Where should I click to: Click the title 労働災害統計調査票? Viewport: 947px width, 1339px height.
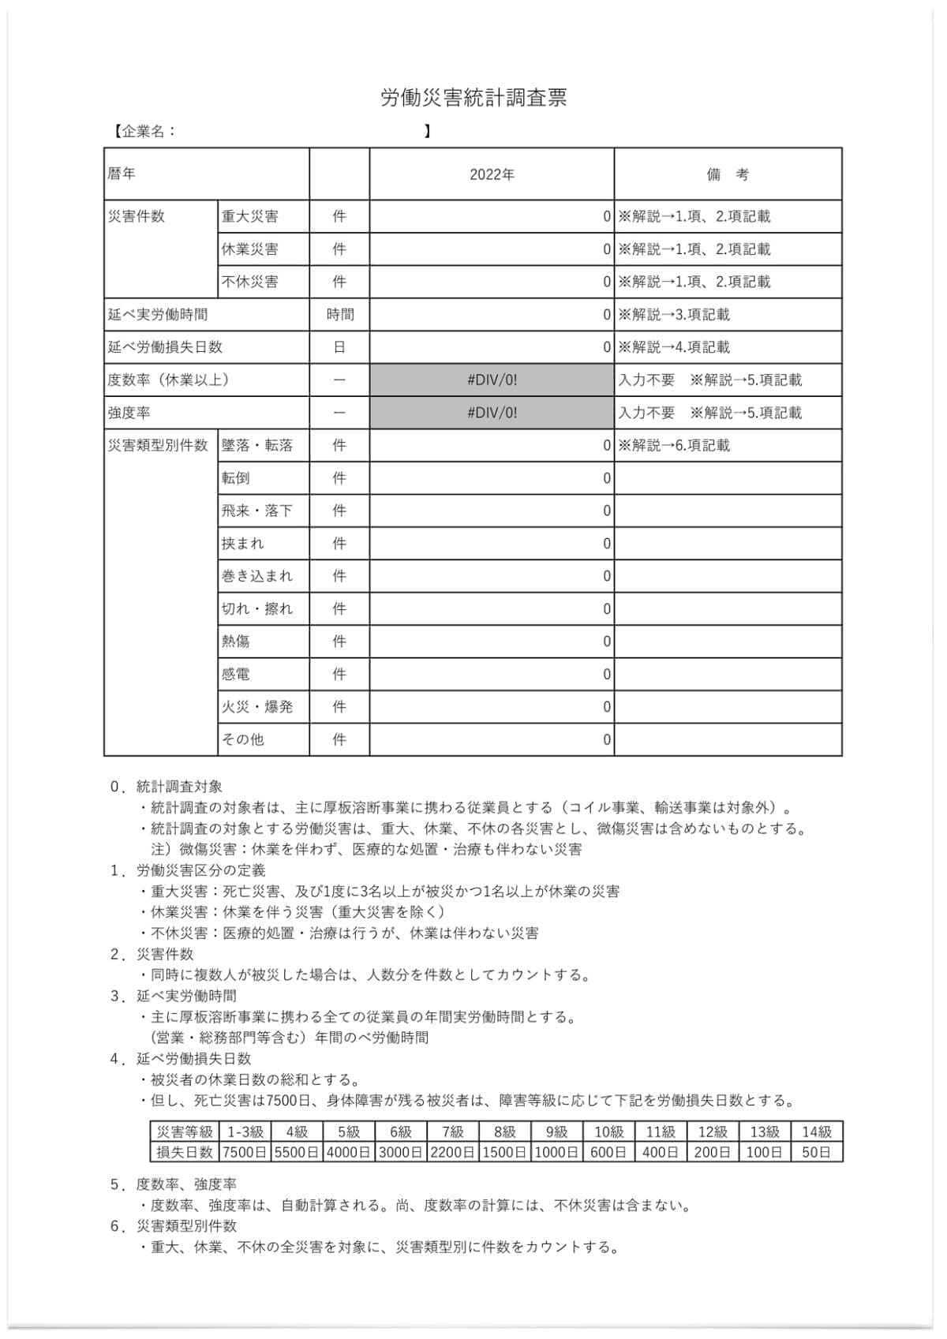coord(473,98)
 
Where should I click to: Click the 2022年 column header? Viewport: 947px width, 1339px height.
coord(492,174)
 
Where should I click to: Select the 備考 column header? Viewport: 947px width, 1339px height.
coord(728,174)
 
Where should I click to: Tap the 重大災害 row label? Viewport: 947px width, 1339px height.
coord(250,216)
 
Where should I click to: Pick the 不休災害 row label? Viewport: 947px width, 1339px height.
coord(250,282)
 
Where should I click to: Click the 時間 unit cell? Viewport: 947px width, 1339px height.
coord(339,315)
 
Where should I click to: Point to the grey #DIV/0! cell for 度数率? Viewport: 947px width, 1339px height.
coord(492,380)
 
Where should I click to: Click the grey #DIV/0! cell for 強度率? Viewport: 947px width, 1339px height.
coord(492,413)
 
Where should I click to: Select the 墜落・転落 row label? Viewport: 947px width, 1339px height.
coord(257,445)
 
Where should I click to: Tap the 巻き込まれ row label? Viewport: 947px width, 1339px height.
coord(257,576)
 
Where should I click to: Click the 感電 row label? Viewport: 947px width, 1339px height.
coord(236,674)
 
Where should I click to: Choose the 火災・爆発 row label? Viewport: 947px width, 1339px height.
coord(257,707)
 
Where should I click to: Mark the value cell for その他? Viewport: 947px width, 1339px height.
coord(492,739)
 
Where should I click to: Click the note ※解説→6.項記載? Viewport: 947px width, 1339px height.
coord(674,445)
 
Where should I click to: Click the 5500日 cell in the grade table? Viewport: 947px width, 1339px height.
coord(296,1152)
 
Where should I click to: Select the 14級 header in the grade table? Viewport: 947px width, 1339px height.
coord(817,1131)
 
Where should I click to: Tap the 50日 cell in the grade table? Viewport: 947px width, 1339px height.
coord(817,1152)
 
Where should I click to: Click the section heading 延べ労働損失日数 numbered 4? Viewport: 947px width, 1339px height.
coord(194,1058)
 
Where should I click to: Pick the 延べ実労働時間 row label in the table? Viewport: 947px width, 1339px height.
coord(158,315)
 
